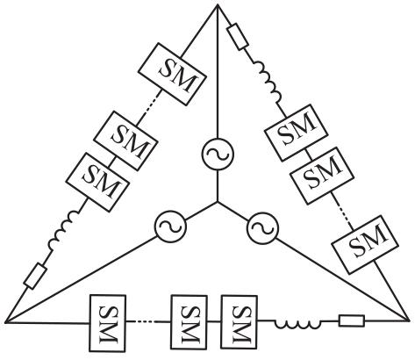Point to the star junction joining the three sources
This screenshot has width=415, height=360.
coord(218,202)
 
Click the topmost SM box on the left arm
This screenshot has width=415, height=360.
coord(173,74)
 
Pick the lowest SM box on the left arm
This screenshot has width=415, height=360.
coord(97,182)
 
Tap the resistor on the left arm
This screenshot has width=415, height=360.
coord(35,276)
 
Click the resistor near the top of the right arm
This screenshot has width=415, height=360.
coord(239,37)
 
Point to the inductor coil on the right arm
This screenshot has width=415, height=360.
coord(268,81)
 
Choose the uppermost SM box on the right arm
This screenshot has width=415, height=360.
coord(296,133)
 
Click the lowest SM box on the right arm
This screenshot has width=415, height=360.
coord(365,245)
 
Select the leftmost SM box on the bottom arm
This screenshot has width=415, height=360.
coord(107,323)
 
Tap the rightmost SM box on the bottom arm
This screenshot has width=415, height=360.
coord(240,322)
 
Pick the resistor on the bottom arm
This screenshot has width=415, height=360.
coord(352,320)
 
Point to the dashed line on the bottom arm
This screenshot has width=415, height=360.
coord(143,321)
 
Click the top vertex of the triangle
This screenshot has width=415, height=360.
coord(218,4)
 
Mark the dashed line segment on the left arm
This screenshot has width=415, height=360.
coord(150,104)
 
